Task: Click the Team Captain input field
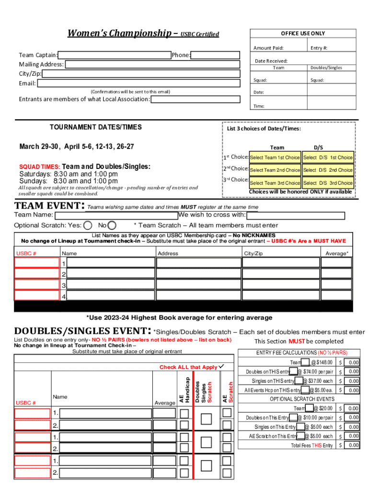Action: click(x=115, y=55)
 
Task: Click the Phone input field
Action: click(x=215, y=55)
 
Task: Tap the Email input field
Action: click(x=138, y=83)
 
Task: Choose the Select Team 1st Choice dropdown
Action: click(x=275, y=157)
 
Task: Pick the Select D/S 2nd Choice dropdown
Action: click(x=328, y=170)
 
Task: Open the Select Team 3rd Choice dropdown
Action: click(x=275, y=183)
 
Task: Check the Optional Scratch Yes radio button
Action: click(x=88, y=225)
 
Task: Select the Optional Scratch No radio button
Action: click(x=112, y=225)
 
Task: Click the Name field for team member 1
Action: click(x=111, y=263)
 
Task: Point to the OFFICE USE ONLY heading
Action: click(x=302, y=33)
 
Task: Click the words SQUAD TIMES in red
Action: click(x=39, y=167)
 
